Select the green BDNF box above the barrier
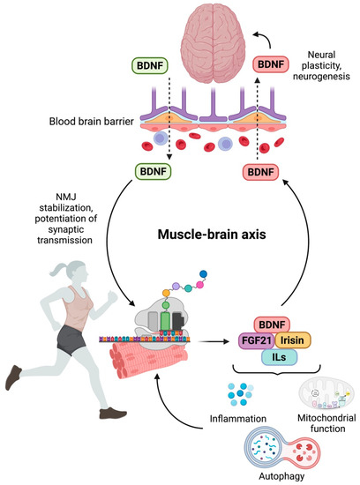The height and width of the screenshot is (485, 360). (149, 67)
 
